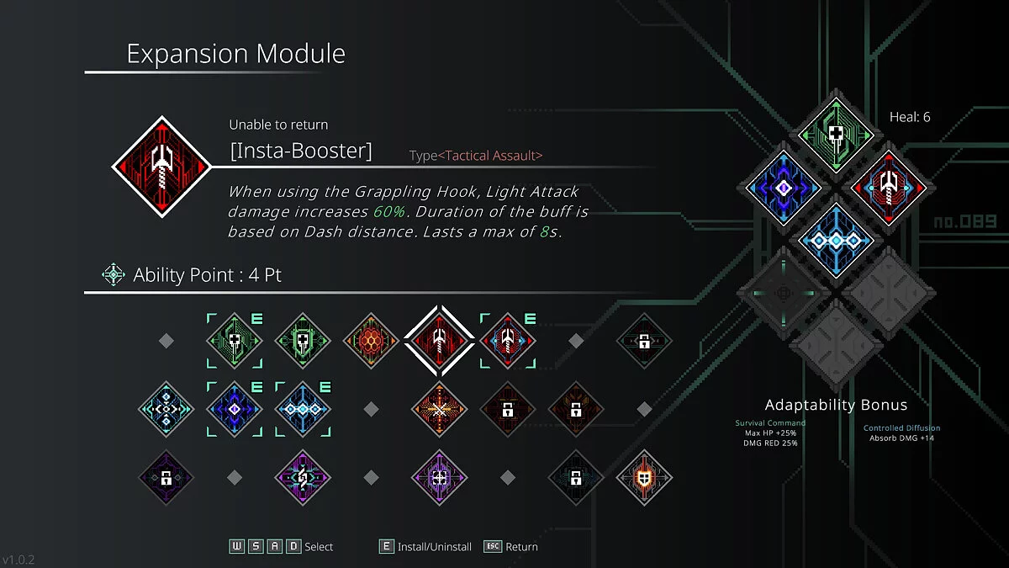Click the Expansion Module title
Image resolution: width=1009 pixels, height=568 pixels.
tap(235, 54)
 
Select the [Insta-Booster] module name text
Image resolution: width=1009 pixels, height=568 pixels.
tap(301, 151)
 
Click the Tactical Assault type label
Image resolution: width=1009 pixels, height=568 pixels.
tap(490, 156)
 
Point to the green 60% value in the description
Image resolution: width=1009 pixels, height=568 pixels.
tap(389, 211)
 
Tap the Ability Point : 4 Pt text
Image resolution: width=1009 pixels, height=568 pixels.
tap(207, 275)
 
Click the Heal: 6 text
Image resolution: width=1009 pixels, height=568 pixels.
tap(910, 117)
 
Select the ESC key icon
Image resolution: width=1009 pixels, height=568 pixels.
tap(493, 546)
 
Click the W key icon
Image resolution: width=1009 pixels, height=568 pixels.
tap(237, 546)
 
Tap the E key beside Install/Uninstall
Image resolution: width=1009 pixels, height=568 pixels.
tap(387, 546)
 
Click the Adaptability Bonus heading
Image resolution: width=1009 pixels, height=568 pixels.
tap(836, 405)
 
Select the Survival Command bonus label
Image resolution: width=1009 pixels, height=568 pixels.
tap(770, 422)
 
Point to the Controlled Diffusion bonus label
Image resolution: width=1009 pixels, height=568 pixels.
tap(901, 427)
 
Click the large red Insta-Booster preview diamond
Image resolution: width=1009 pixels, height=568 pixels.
tap(161, 167)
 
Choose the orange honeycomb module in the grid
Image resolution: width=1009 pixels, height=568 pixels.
tap(371, 341)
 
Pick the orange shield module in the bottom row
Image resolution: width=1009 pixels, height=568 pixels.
tap(644, 477)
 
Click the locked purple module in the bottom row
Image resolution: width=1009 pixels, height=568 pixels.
tap(166, 477)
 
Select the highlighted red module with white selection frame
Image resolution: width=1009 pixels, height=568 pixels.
tap(439, 341)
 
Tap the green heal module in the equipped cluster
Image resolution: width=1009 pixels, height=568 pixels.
tap(836, 135)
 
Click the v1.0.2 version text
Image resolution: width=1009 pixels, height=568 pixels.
tap(18, 560)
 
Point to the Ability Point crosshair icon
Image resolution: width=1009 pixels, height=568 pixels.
tap(113, 274)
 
